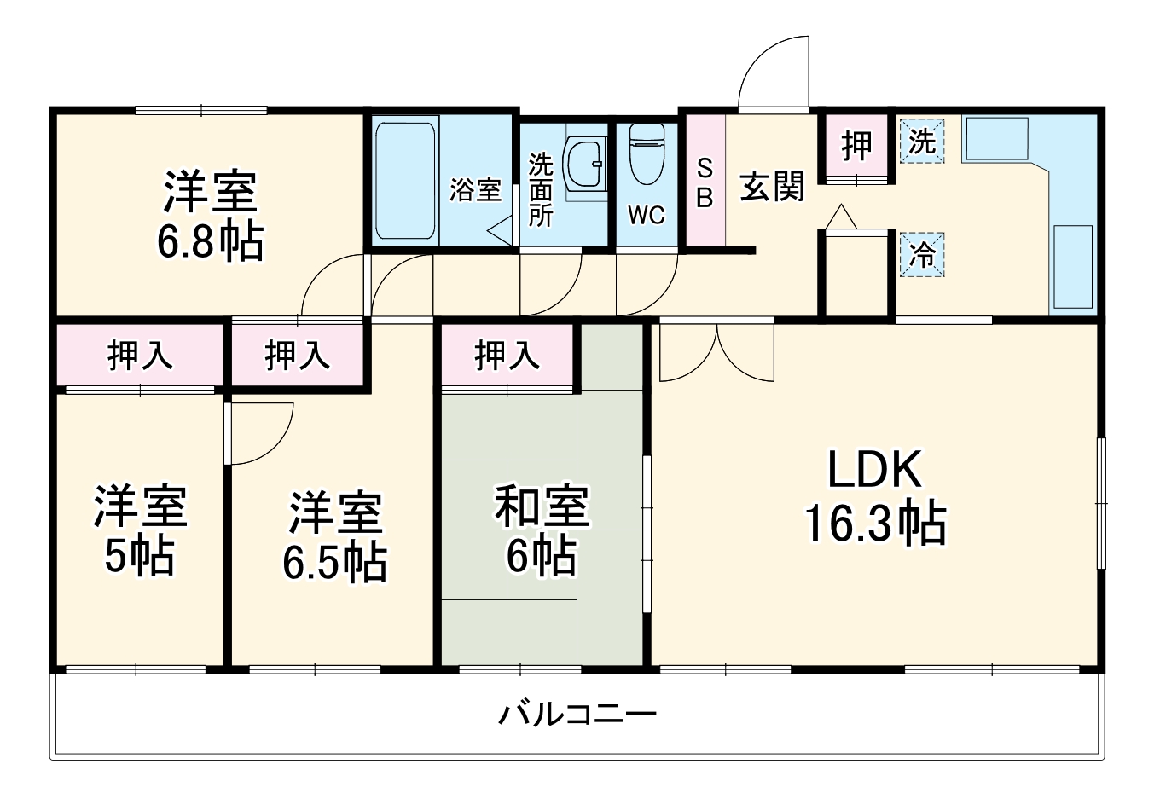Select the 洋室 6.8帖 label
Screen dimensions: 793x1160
(210, 217)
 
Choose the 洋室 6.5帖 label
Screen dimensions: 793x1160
(334, 537)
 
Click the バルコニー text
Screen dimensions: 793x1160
(577, 713)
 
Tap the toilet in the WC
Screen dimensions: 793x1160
(647, 153)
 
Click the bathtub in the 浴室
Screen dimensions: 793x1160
(405, 181)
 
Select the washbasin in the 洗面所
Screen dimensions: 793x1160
(585, 162)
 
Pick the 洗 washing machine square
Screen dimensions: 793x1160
(921, 142)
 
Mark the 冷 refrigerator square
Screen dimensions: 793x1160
(921, 255)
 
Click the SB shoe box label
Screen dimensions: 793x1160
(705, 182)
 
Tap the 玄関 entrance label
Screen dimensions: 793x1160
(771, 186)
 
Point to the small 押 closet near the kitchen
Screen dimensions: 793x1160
(856, 145)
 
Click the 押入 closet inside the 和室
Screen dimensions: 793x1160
(507, 355)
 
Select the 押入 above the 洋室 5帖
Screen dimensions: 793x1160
(140, 355)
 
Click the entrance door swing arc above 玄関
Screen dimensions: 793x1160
(772, 72)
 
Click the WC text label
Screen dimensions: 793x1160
(647, 216)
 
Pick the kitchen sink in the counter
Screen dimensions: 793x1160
(995, 138)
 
